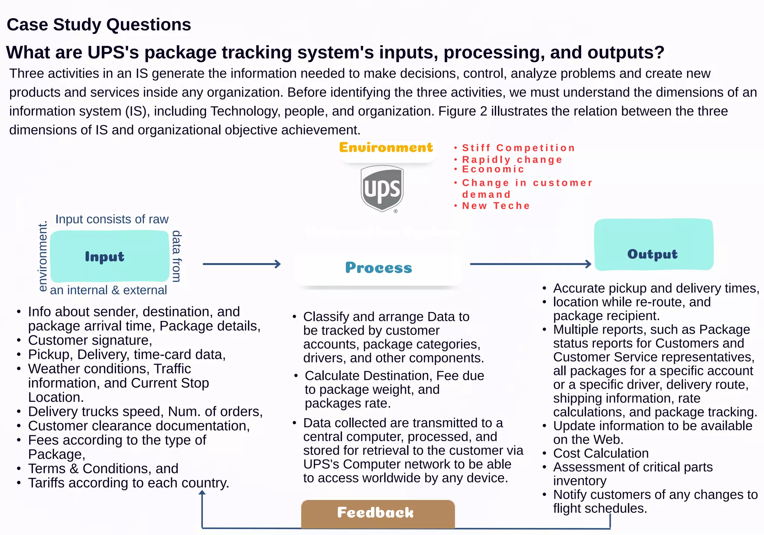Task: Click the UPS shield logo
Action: (382, 188)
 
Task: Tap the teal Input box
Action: (109, 256)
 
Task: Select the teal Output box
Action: (654, 245)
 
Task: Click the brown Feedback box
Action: (378, 513)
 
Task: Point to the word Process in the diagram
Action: (378, 268)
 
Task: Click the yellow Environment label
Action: (386, 148)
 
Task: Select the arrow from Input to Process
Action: (241, 264)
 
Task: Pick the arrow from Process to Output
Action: (530, 264)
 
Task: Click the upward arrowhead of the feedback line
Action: (202, 493)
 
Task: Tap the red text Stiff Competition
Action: (518, 148)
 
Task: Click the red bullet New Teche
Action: (496, 206)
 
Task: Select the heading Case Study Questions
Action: (99, 25)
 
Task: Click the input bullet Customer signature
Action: (90, 340)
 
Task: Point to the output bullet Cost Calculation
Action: (601, 453)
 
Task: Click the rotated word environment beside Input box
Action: (43, 256)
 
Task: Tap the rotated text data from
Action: (176, 256)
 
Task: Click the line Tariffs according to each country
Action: (129, 483)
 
